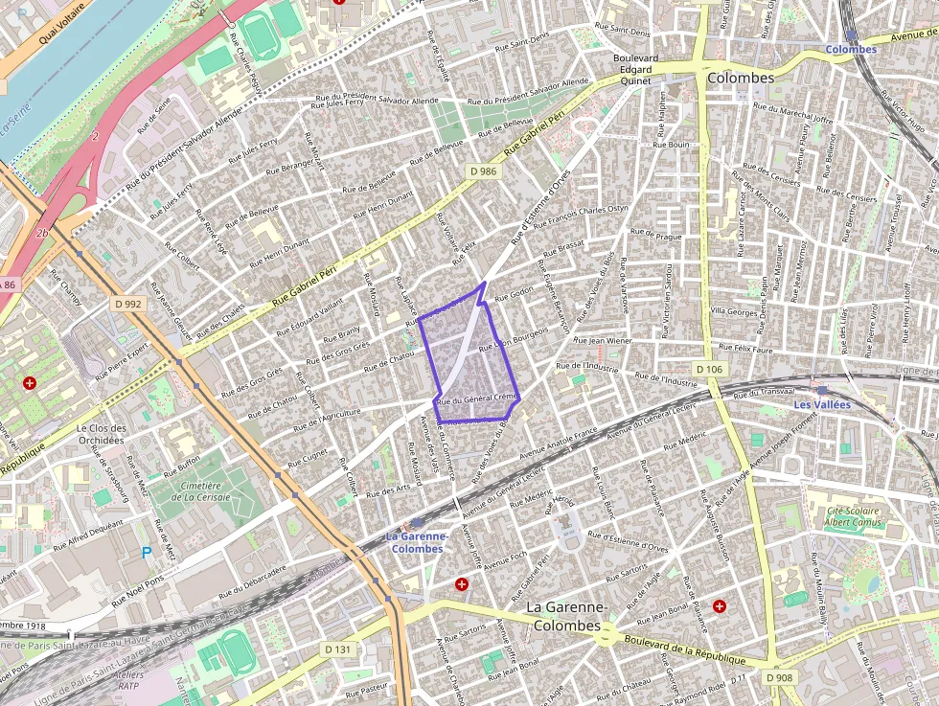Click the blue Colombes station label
851,49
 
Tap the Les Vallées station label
821,405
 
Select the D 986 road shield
485,171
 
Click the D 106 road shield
709,369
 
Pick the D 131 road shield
338,649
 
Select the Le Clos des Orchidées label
101,434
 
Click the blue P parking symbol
147,552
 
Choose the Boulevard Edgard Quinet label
636,69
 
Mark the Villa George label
733,310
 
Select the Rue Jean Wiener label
603,340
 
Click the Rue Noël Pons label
139,591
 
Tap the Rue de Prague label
656,234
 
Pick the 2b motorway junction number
41,234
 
